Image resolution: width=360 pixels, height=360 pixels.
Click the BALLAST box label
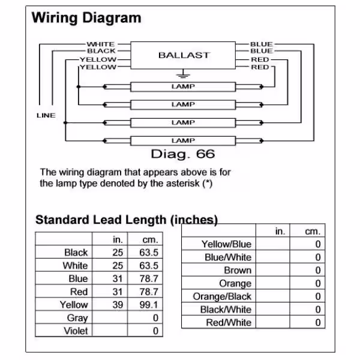pos(184,55)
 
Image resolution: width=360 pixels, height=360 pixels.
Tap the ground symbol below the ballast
pos(183,74)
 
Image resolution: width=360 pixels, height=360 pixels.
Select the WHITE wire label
pos(101,44)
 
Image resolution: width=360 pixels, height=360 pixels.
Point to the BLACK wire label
pos(101,51)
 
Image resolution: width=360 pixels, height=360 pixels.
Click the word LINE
pos(46,115)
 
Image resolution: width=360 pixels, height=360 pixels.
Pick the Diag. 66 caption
pos(183,154)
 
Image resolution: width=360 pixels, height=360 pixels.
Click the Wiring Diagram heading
pos(86,17)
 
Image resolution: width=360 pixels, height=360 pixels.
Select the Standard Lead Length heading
pos(127,220)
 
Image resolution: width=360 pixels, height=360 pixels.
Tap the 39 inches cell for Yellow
pos(118,305)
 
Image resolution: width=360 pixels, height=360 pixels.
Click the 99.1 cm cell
pos(149,305)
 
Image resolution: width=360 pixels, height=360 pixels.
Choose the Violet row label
pos(76,331)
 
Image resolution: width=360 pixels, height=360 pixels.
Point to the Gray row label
pos(77,318)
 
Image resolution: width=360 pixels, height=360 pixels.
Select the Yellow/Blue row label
pos(226,244)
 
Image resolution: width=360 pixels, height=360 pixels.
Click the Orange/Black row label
pos(222,296)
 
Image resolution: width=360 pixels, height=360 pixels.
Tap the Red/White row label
pos(229,323)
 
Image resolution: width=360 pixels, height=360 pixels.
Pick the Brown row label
pos(238,270)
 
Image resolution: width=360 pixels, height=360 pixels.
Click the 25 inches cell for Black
pos(118,253)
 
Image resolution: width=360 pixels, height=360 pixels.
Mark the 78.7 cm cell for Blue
pos(149,279)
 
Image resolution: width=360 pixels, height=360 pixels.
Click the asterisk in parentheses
pos(208,184)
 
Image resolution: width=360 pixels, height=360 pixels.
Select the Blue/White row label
pos(228,257)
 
